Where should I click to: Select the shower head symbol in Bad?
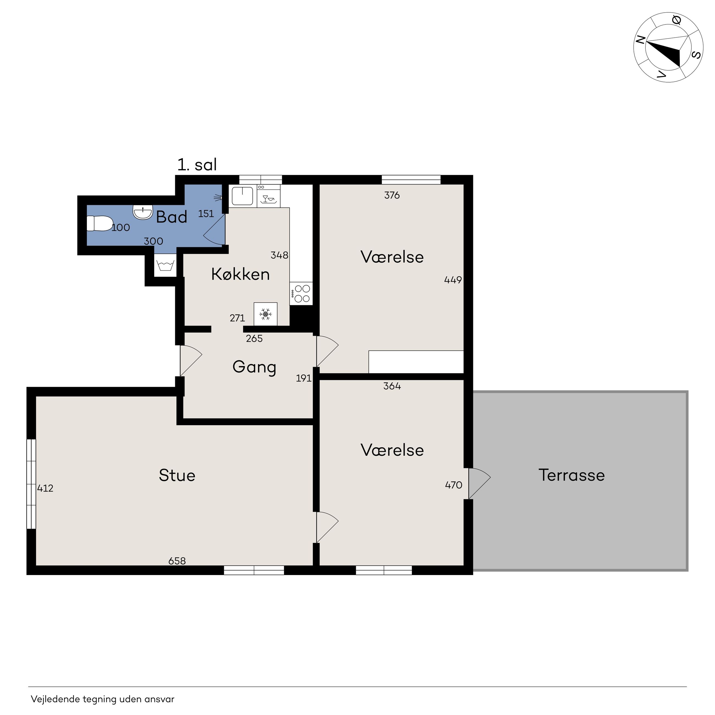pos(218,198)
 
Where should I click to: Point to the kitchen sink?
pos(242,196)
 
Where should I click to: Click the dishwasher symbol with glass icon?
pos(269,196)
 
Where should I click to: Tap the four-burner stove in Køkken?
pos(301,293)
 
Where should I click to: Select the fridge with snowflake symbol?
pos(265,314)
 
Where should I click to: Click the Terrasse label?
pos(571,475)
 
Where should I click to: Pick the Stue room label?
pos(177,475)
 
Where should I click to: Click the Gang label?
pos(254,367)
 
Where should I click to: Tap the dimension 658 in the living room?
pos(177,561)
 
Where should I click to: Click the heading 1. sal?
pos(197,165)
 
